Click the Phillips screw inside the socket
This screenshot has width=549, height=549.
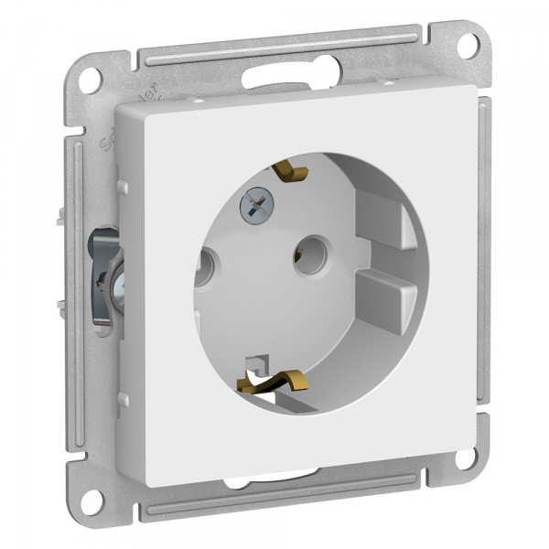click(x=253, y=206)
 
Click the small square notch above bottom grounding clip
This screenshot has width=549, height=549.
click(x=260, y=361)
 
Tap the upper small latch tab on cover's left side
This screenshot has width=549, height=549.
click(x=122, y=188)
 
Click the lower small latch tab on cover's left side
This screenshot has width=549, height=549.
click(x=123, y=399)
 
